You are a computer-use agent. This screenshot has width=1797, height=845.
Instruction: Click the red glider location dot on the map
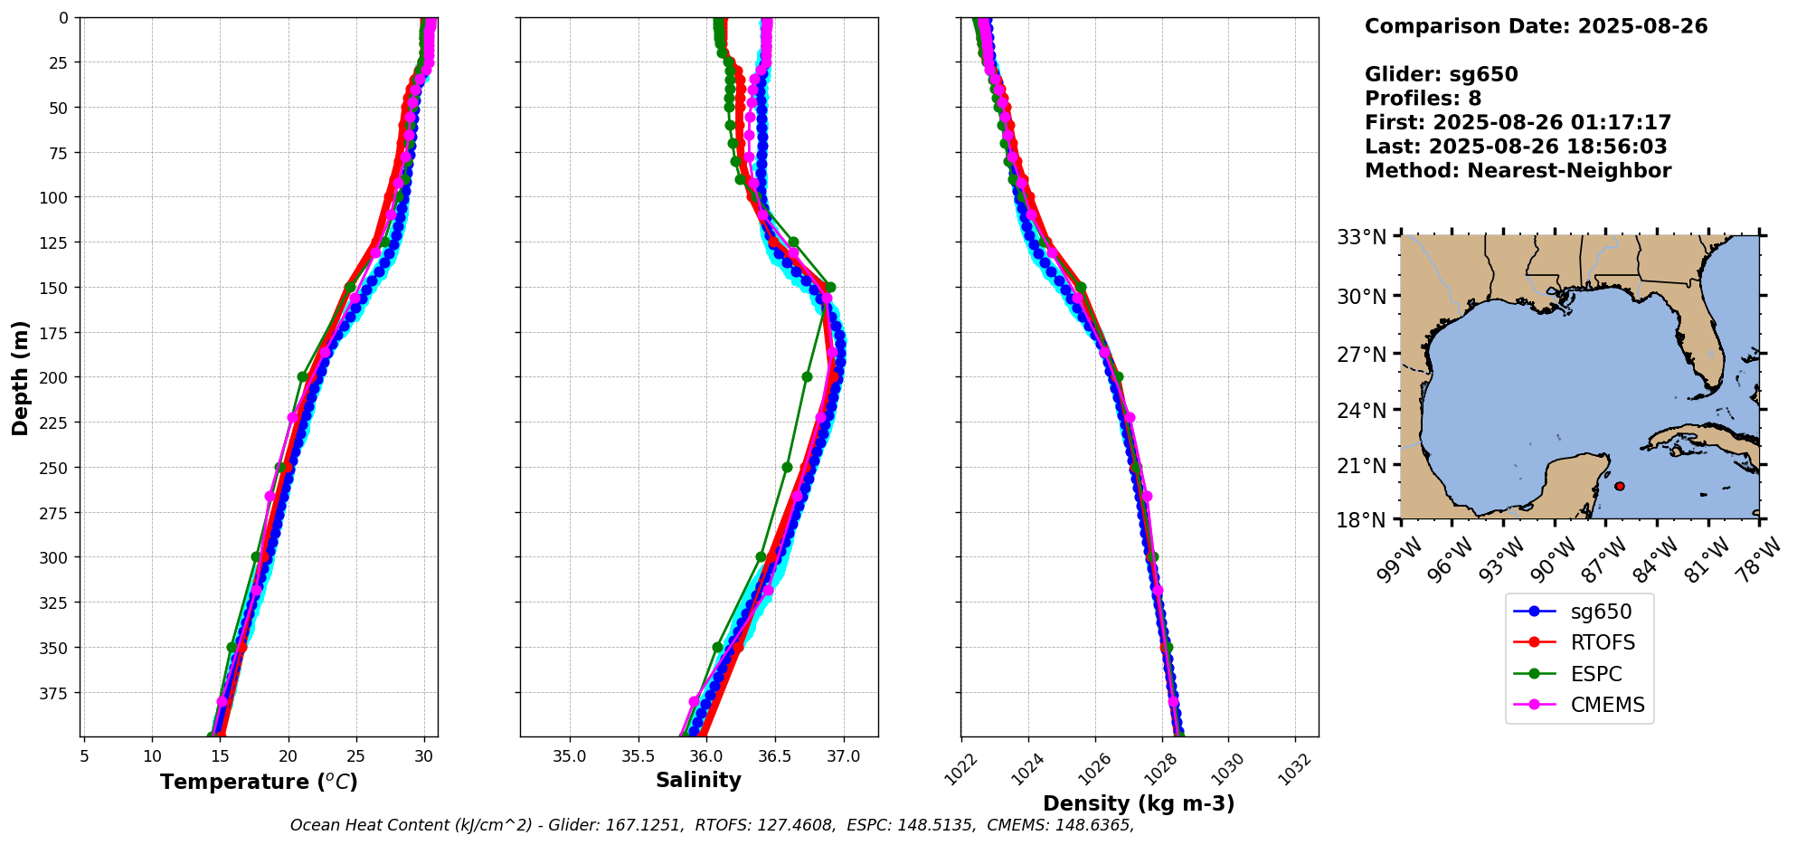1619,486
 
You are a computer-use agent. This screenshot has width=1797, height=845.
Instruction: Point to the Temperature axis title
259,782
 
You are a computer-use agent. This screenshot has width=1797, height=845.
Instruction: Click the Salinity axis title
698,780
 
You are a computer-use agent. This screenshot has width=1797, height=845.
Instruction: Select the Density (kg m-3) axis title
1139,803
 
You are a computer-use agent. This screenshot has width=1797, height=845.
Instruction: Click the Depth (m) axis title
20,377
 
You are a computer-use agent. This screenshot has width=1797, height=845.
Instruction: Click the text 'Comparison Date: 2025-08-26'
1536,26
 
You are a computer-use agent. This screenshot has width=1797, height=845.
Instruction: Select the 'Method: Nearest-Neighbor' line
1518,171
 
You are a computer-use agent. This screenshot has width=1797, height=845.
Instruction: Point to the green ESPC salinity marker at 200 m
807,376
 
